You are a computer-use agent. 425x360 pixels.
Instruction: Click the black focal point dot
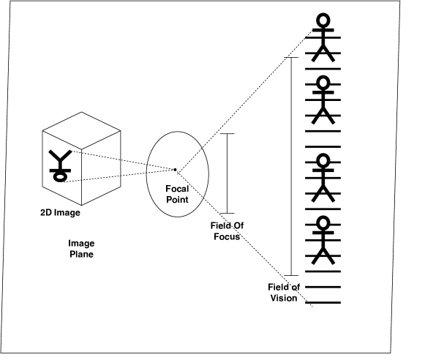pyautogui.click(x=175, y=170)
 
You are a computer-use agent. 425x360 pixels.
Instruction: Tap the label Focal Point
pyautogui.click(x=178, y=194)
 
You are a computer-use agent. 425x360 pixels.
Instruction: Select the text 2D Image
pyautogui.click(x=60, y=214)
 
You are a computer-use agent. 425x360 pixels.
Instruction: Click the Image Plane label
pyautogui.click(x=80, y=249)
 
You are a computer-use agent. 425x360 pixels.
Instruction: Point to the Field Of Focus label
pyautogui.click(x=225, y=231)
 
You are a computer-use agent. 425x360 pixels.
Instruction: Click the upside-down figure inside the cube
pyautogui.click(x=59, y=165)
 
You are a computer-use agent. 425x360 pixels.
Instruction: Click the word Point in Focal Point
pyautogui.click(x=178, y=199)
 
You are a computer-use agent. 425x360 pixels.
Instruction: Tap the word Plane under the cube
pyautogui.click(x=80, y=254)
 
